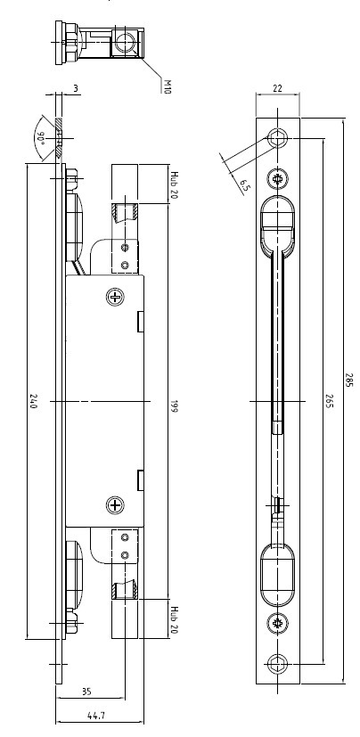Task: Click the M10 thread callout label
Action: point(167,86)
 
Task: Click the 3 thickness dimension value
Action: point(76,88)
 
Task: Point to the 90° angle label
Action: point(42,139)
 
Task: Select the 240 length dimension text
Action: point(33,402)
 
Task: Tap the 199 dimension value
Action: point(174,406)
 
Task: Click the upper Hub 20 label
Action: point(174,184)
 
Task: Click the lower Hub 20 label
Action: point(174,619)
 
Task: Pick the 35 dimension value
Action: point(86,692)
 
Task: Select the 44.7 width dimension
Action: point(96,716)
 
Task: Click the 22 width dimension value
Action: point(277,88)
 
